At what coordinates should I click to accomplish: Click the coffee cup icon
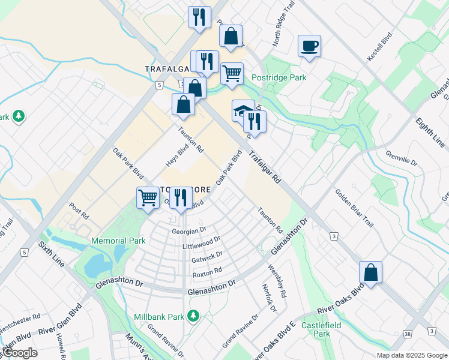pyautogui.click(x=309, y=46)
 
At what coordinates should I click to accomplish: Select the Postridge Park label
pyautogui.click(x=279, y=77)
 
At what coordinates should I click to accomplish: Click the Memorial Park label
pyautogui.click(x=118, y=241)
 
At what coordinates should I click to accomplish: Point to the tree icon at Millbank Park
pyautogui.click(x=193, y=316)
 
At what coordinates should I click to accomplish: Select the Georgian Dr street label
pyautogui.click(x=188, y=230)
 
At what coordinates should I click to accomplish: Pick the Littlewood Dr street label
pyautogui.click(x=201, y=243)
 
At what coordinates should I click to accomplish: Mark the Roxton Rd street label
pyautogui.click(x=207, y=272)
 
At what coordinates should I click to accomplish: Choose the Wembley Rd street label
pyautogui.click(x=277, y=281)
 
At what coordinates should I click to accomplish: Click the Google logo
pyautogui.click(x=20, y=352)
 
